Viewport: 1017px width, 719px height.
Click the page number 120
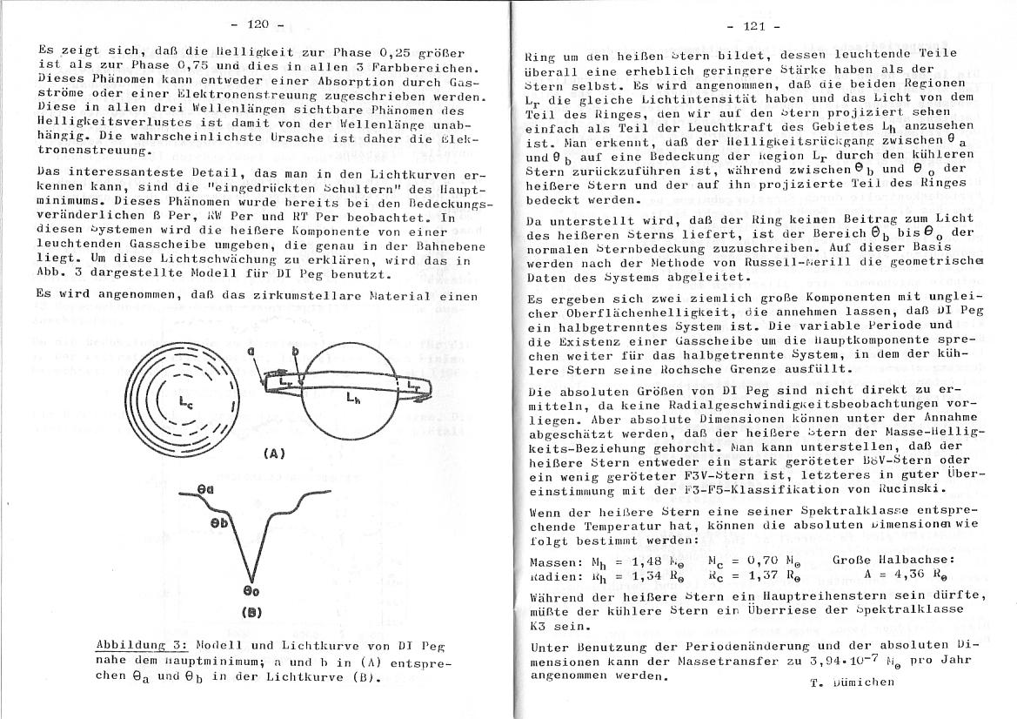tap(258, 24)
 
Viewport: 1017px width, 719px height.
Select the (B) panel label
tap(250, 611)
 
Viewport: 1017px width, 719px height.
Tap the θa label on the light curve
tap(205, 491)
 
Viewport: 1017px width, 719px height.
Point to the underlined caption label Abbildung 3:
tap(142, 647)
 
